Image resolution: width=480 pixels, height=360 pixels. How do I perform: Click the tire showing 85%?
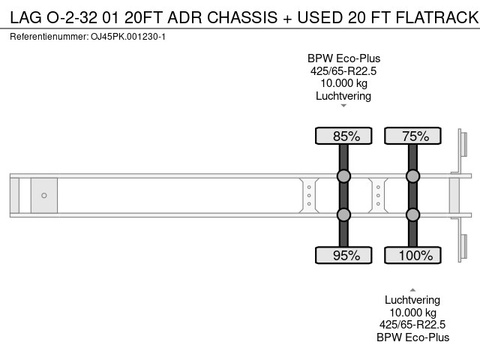click(x=343, y=136)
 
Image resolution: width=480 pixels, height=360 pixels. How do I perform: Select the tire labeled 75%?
click(x=412, y=136)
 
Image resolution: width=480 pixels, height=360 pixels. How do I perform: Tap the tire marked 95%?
click(x=343, y=255)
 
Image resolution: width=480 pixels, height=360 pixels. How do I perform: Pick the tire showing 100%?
click(x=412, y=255)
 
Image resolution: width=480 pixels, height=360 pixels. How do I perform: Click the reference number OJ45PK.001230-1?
click(x=128, y=37)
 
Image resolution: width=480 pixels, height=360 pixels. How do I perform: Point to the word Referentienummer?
click(x=49, y=37)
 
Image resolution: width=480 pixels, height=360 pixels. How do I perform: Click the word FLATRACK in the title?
click(x=437, y=17)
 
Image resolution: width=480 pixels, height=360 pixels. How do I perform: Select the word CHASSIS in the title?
click(x=242, y=17)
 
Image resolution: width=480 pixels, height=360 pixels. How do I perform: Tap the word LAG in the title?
click(x=25, y=17)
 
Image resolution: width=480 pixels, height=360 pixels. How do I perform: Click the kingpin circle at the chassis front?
click(x=44, y=195)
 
